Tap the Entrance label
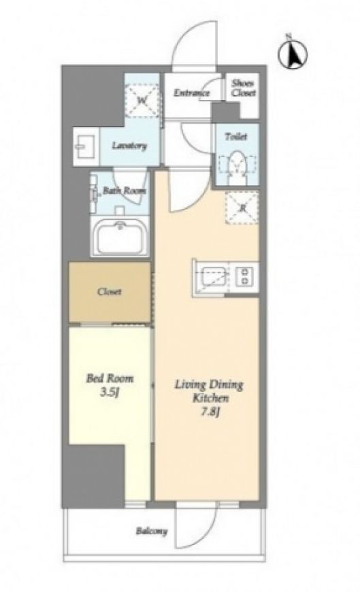[191, 93]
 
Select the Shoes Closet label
[243, 88]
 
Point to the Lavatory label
[129, 146]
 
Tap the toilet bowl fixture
[237, 167]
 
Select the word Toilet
[236, 136]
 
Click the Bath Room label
[125, 191]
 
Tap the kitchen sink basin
[214, 278]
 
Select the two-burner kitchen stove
[244, 276]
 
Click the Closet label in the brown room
[109, 291]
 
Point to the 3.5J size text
[110, 393]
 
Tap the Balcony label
[152, 531]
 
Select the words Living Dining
[208, 385]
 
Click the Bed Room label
[110, 378]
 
